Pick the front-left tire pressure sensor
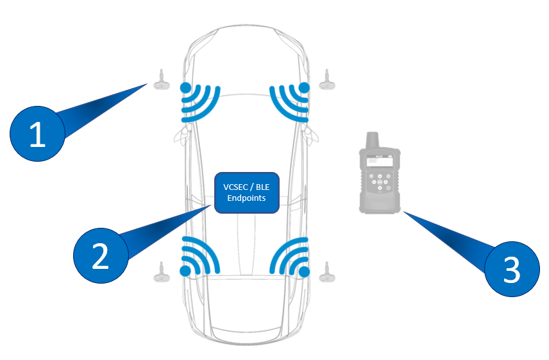coord(161,80)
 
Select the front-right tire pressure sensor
coord(328,80)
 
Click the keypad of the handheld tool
coord(379,182)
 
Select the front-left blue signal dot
coord(185,87)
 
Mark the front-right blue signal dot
coord(304,87)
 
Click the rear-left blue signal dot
coord(185,272)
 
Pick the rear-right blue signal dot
coord(304,272)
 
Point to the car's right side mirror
coord(312,134)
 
